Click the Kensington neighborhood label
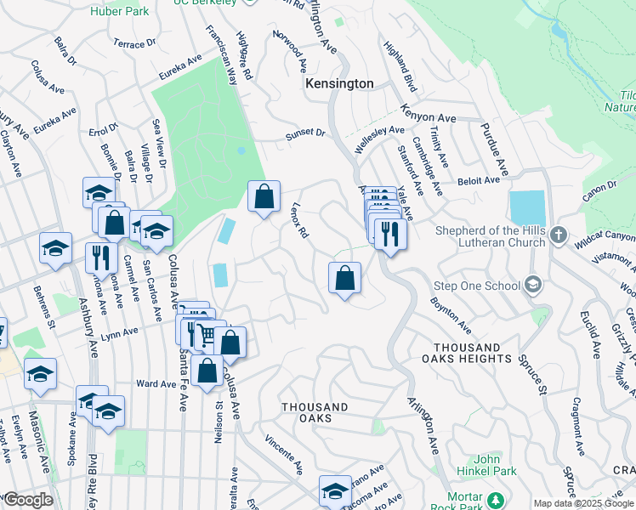pos(339,84)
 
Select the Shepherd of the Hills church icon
pos(558,234)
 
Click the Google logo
pos(27,500)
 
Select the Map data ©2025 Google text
pos(583,503)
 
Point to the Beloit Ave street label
pos(479,181)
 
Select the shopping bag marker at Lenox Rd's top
pos(264,197)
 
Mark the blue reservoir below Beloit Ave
pos(527,208)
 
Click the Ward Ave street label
pos(156,384)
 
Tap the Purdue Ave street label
pos(492,142)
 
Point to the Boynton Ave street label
pos(450,314)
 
